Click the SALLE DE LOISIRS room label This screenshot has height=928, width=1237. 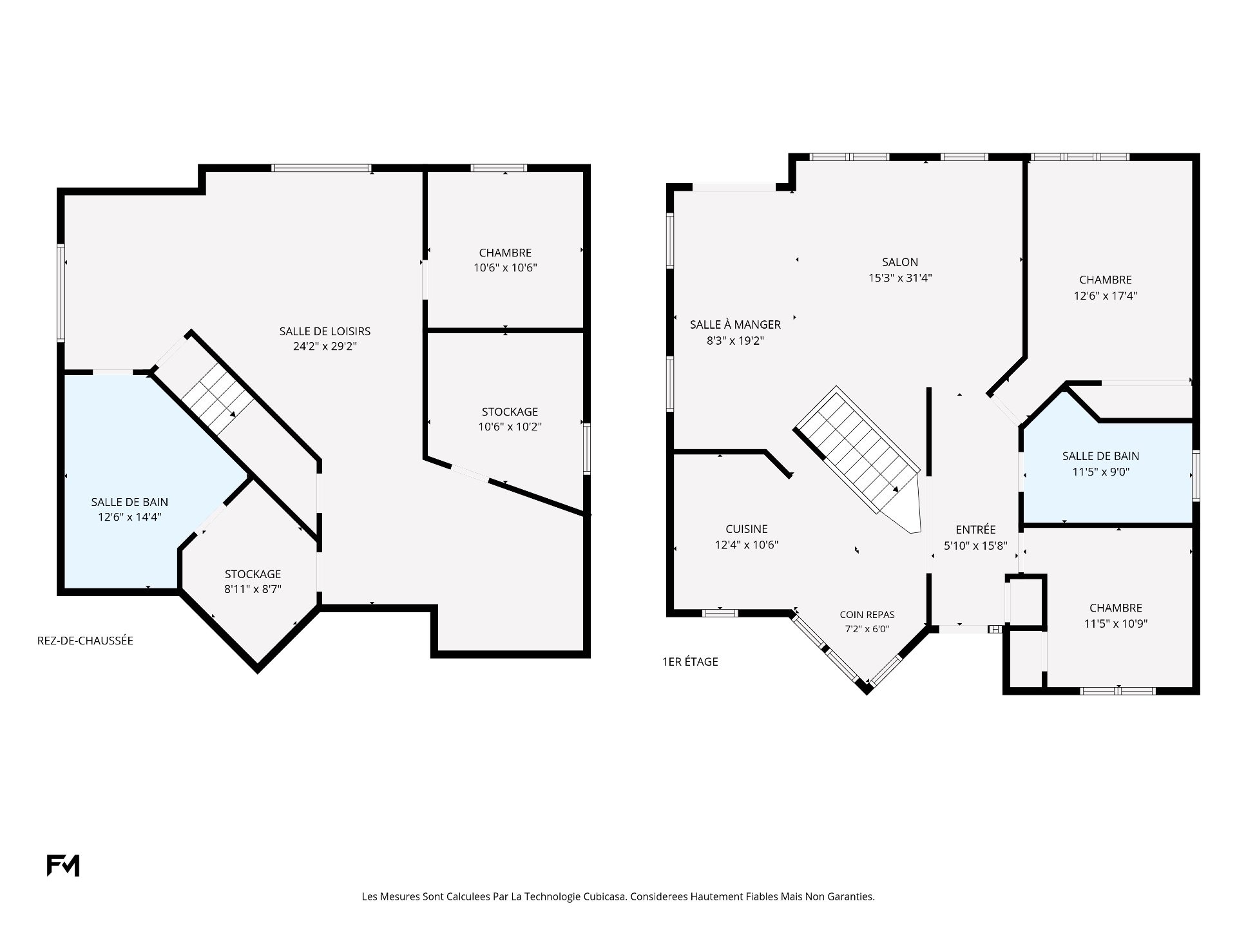click(x=325, y=331)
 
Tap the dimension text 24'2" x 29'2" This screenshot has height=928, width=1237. click(x=325, y=346)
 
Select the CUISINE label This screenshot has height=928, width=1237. click(x=747, y=529)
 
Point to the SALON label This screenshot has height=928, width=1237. click(x=900, y=262)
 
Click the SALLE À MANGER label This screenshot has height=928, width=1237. click(x=735, y=324)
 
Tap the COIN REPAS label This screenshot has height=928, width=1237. click(x=867, y=615)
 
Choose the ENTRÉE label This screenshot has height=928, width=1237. click(x=975, y=529)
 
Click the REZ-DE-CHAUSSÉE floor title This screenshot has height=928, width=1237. click(x=85, y=641)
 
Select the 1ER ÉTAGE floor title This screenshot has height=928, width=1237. click(x=690, y=661)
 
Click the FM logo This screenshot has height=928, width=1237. click(x=63, y=865)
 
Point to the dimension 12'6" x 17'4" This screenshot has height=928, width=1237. click(x=1106, y=296)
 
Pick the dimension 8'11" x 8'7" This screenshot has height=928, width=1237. click(x=253, y=589)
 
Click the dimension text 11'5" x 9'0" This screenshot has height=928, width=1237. click(x=1100, y=472)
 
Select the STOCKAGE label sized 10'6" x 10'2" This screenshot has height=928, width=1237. click(x=510, y=412)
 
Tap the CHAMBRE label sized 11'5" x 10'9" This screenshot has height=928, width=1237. click(x=1116, y=608)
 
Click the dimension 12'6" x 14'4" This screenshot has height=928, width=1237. click(x=129, y=517)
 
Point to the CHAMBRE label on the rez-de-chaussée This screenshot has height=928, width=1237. click(x=505, y=253)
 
